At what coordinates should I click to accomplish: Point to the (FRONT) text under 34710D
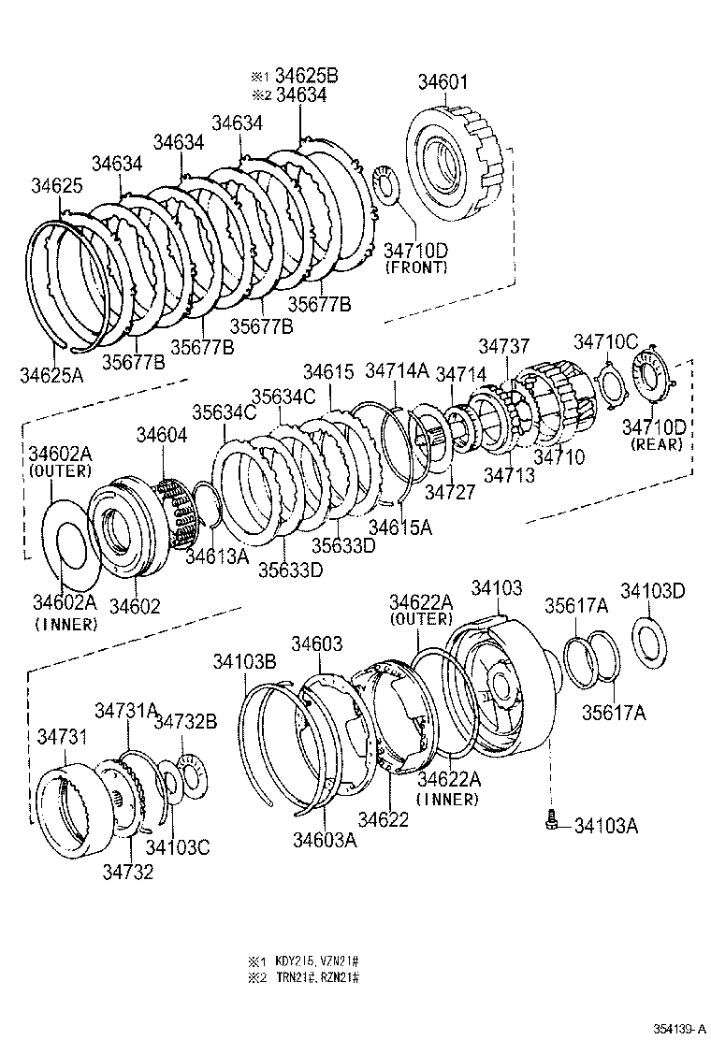pyautogui.click(x=414, y=267)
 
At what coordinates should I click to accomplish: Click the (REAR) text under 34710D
pyautogui.click(x=655, y=445)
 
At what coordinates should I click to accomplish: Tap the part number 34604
pyautogui.click(x=162, y=435)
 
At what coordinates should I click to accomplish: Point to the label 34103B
pyautogui.click(x=243, y=662)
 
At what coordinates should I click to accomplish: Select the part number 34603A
pyautogui.click(x=325, y=840)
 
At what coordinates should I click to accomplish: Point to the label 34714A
pyautogui.click(x=396, y=370)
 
